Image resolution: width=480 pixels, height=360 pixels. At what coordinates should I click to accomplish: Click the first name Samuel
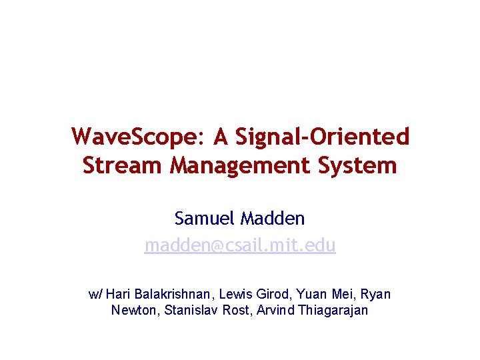(x=205, y=218)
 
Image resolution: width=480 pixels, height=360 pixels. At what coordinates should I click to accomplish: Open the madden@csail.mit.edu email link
(x=240, y=246)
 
